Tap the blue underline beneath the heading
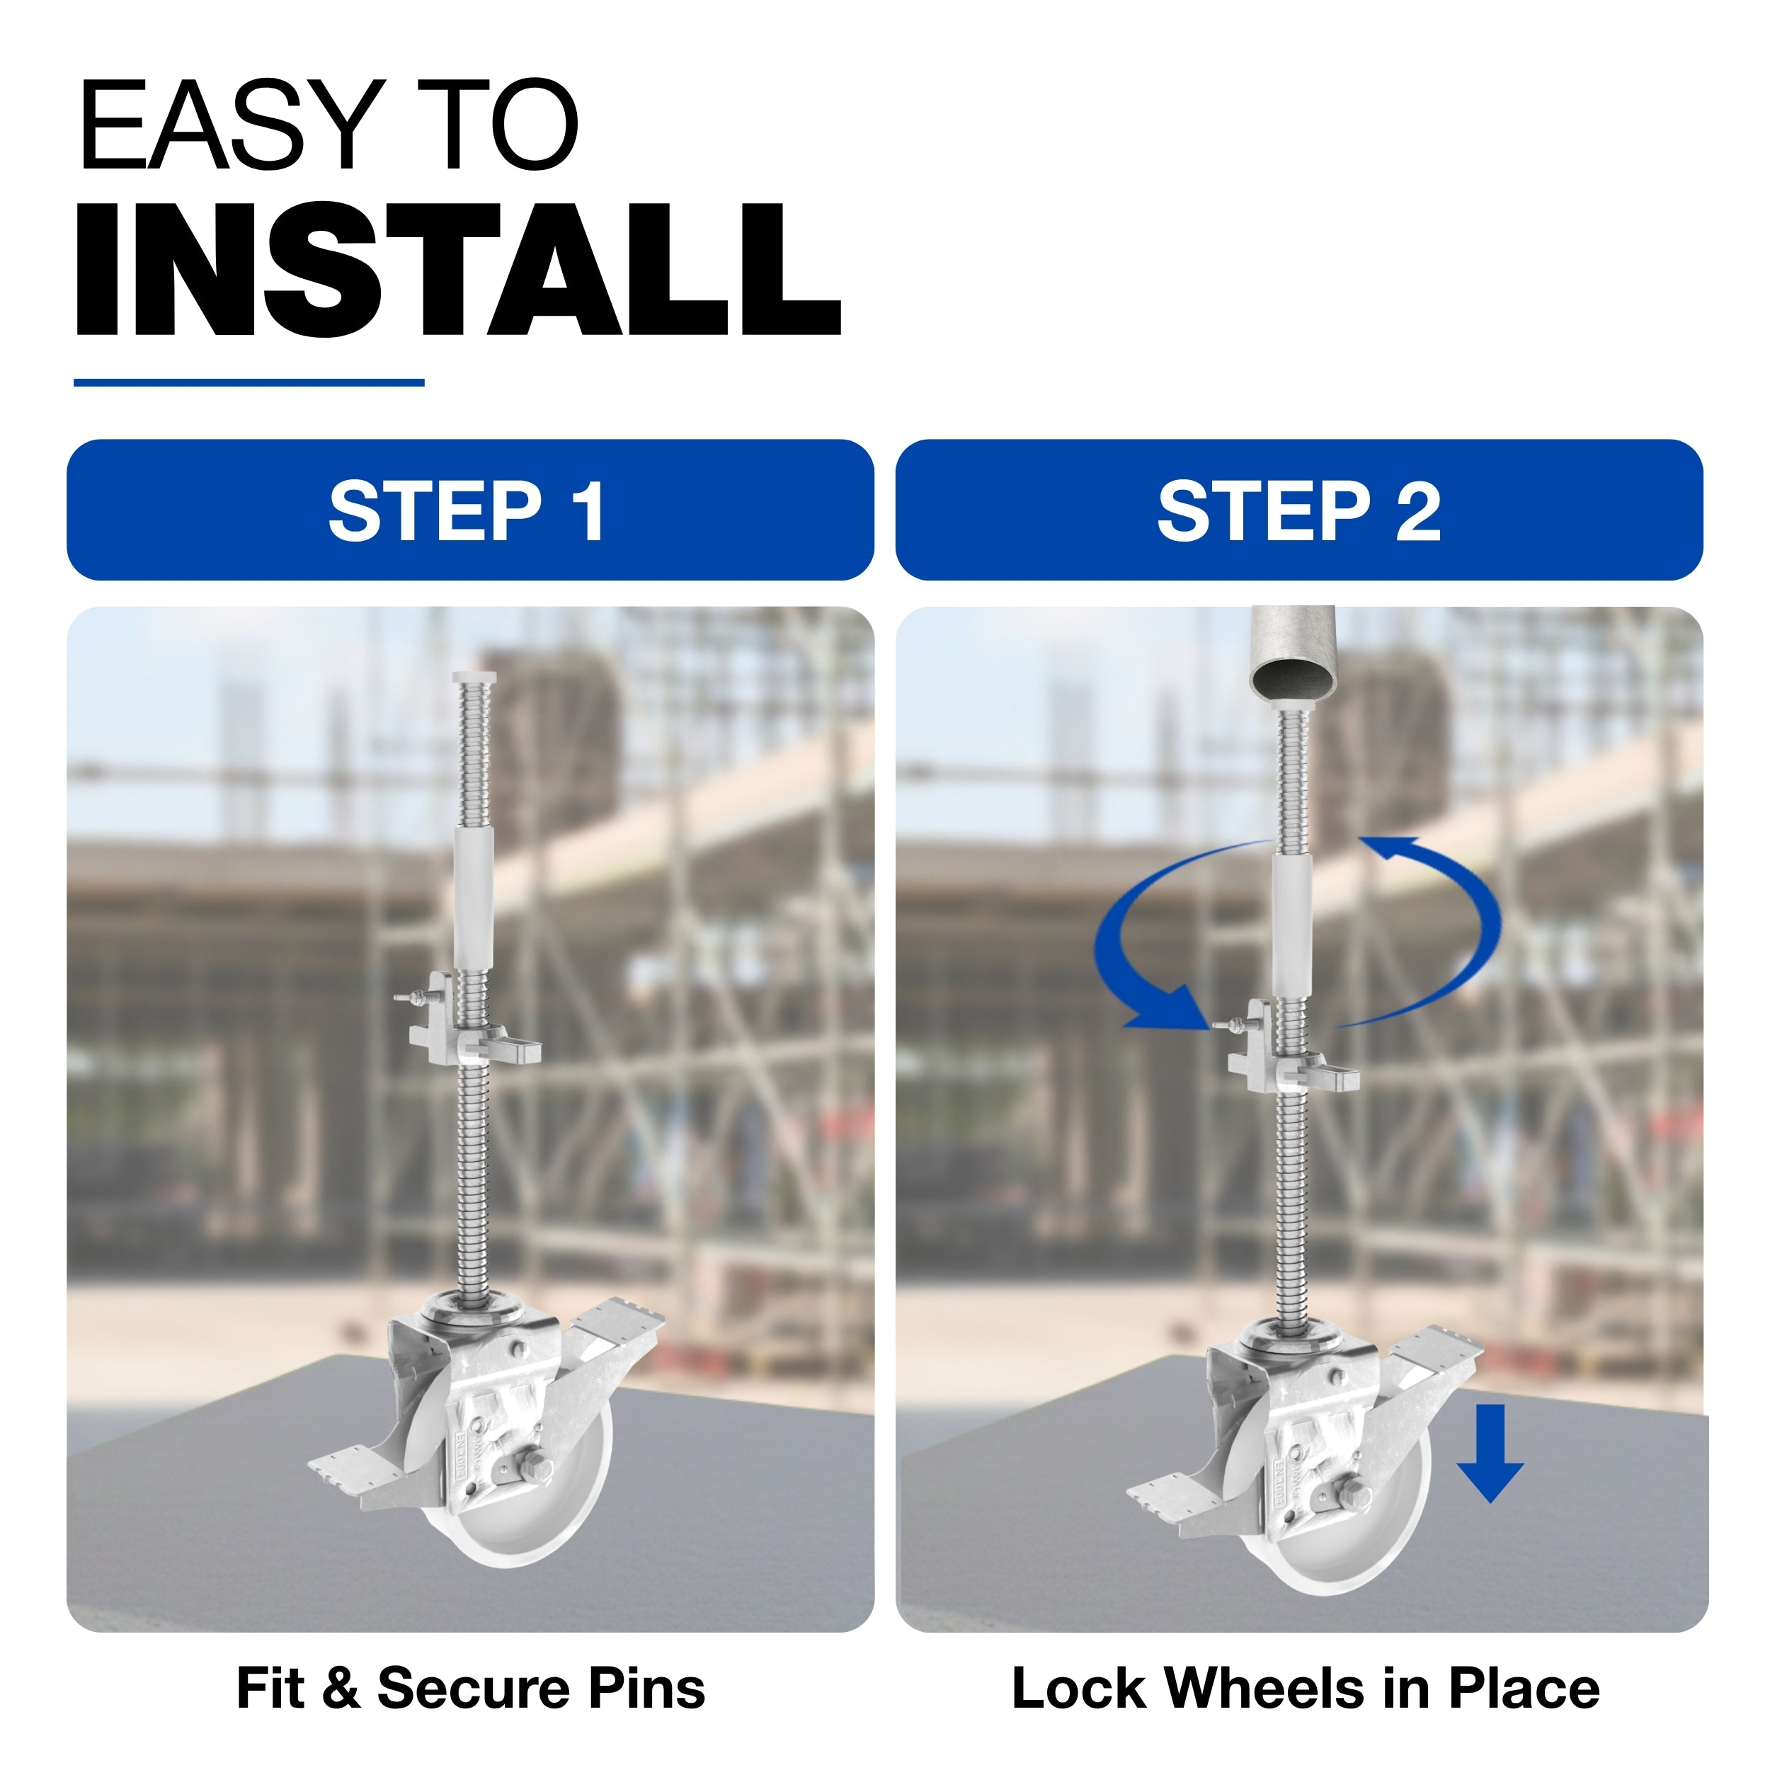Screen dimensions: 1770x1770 click(x=249, y=382)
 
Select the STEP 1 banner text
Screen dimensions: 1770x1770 click(x=467, y=511)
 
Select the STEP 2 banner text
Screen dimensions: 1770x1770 click(x=1298, y=511)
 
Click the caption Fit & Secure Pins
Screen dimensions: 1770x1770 click(x=471, y=1688)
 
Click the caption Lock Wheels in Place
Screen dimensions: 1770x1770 click(x=1306, y=1688)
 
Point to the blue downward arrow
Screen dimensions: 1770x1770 click(x=1490, y=1453)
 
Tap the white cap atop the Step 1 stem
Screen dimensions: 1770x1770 click(x=474, y=678)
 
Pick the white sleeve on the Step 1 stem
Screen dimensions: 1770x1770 click(x=474, y=898)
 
